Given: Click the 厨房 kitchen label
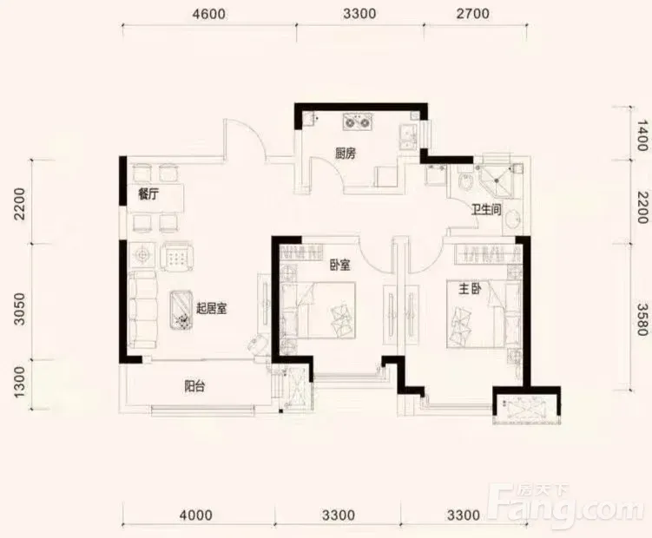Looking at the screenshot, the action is point(346,154).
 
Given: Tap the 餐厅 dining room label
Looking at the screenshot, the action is point(148,194).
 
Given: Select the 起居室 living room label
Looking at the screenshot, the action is point(211,308).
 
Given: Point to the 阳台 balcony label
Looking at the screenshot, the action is point(194,387).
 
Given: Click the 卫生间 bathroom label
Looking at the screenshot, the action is point(486,209).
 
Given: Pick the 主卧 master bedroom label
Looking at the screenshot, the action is point(470,289).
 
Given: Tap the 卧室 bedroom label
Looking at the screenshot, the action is point(340,265).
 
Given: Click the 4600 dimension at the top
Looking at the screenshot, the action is point(208,14).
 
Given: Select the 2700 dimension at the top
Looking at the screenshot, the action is point(473,14).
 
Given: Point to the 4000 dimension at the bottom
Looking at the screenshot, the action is point(196,515).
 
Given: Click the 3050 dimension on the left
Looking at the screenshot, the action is point(20,309).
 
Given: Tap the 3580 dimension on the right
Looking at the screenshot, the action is point(642,319).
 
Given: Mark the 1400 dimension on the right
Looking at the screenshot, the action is point(642,135).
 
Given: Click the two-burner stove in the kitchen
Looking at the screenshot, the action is point(358,122).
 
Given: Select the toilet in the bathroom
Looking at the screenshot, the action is point(465,183).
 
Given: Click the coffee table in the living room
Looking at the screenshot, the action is point(181,311).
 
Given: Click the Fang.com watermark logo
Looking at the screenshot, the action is point(568,504).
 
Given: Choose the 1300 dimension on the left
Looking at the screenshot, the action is point(20,382).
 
